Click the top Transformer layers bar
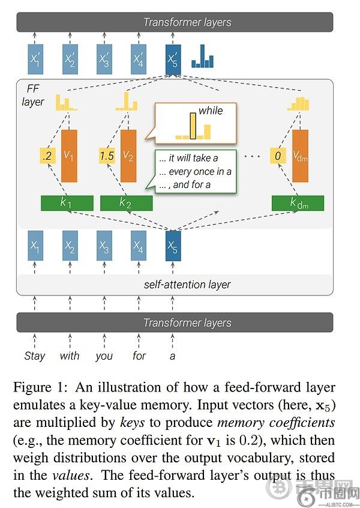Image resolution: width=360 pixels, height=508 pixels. click(x=187, y=23)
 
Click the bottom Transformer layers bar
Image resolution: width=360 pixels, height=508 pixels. click(x=187, y=323)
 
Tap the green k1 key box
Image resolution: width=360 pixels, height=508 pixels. click(x=67, y=203)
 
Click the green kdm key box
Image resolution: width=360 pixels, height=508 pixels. click(x=298, y=203)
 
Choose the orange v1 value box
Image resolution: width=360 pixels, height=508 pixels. click(x=70, y=156)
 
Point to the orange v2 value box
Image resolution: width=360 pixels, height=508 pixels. click(x=128, y=156)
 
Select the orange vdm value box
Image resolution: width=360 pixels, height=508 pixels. click(x=300, y=156)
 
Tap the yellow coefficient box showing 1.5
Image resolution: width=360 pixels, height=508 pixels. click(x=107, y=156)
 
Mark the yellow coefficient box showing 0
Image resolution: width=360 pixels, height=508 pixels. click(x=277, y=156)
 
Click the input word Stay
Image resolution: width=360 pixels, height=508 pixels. click(x=35, y=355)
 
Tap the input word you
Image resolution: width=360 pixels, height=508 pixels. click(x=104, y=355)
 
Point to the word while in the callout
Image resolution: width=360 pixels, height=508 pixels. click(x=211, y=111)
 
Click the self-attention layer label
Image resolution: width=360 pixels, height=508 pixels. click(x=187, y=284)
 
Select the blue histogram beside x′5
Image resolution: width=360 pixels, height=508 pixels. click(x=203, y=59)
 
